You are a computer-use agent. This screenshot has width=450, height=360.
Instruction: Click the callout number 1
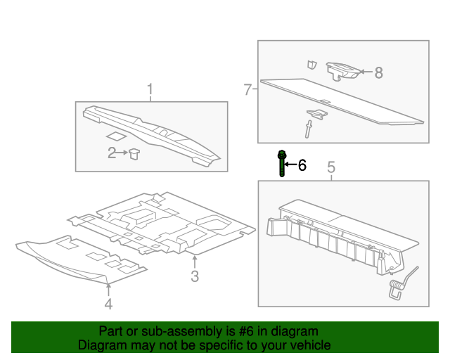(x=150, y=89)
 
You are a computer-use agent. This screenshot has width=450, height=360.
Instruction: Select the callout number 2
(x=112, y=153)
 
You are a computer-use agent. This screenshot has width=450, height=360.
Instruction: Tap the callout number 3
(x=195, y=276)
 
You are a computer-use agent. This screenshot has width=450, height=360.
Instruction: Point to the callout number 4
(x=108, y=304)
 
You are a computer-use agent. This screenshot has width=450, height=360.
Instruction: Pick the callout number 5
(x=331, y=167)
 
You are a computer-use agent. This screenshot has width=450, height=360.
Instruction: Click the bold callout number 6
(x=302, y=165)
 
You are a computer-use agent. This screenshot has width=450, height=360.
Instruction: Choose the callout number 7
(x=247, y=89)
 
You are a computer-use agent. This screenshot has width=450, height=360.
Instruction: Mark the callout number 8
(x=378, y=72)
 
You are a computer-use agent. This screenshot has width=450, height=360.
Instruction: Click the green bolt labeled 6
(x=281, y=164)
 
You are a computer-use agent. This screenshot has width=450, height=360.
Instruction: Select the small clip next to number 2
(x=134, y=153)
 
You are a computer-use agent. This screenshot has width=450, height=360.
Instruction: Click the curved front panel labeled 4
(x=77, y=260)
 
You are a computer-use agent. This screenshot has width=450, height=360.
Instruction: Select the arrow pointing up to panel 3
(x=195, y=259)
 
